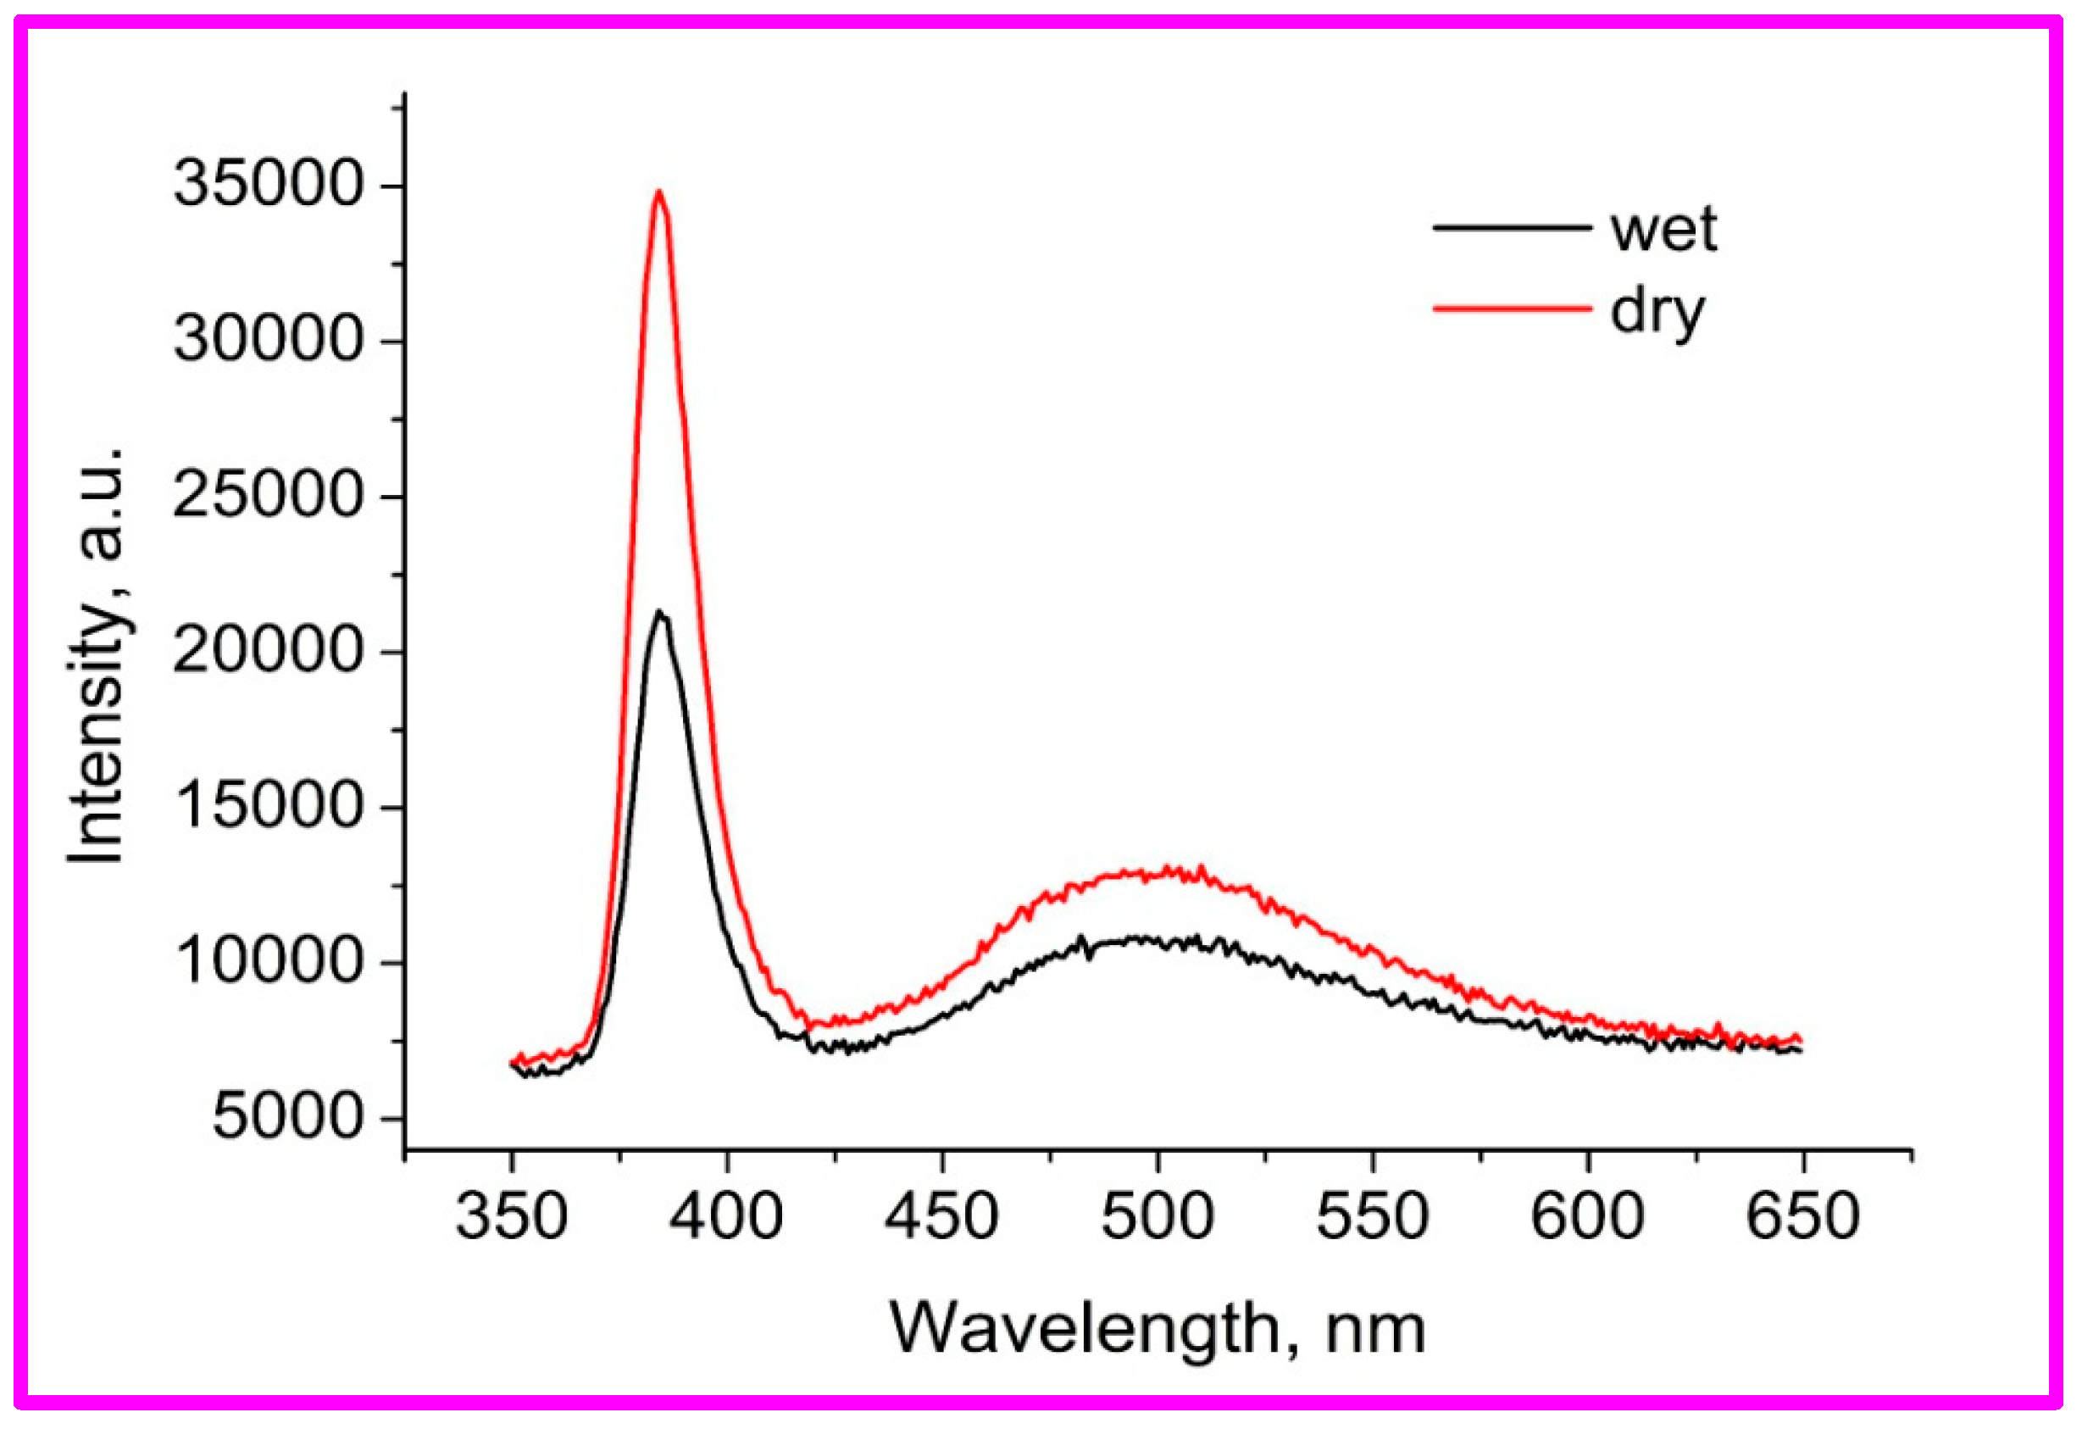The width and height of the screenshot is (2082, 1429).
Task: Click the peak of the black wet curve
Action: click(x=659, y=613)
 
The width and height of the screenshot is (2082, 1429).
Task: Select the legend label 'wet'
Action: click(x=1663, y=230)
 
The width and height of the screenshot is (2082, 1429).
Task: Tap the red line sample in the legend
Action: click(x=1513, y=309)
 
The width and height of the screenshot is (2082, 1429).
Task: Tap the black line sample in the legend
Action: click(x=1513, y=226)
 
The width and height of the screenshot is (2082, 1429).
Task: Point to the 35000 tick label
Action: click(x=268, y=184)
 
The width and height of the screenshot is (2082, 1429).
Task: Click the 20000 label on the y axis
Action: click(x=268, y=650)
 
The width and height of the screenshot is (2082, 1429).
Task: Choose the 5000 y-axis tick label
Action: click(x=287, y=1117)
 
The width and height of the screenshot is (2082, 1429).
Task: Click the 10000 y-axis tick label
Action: click(x=268, y=961)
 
